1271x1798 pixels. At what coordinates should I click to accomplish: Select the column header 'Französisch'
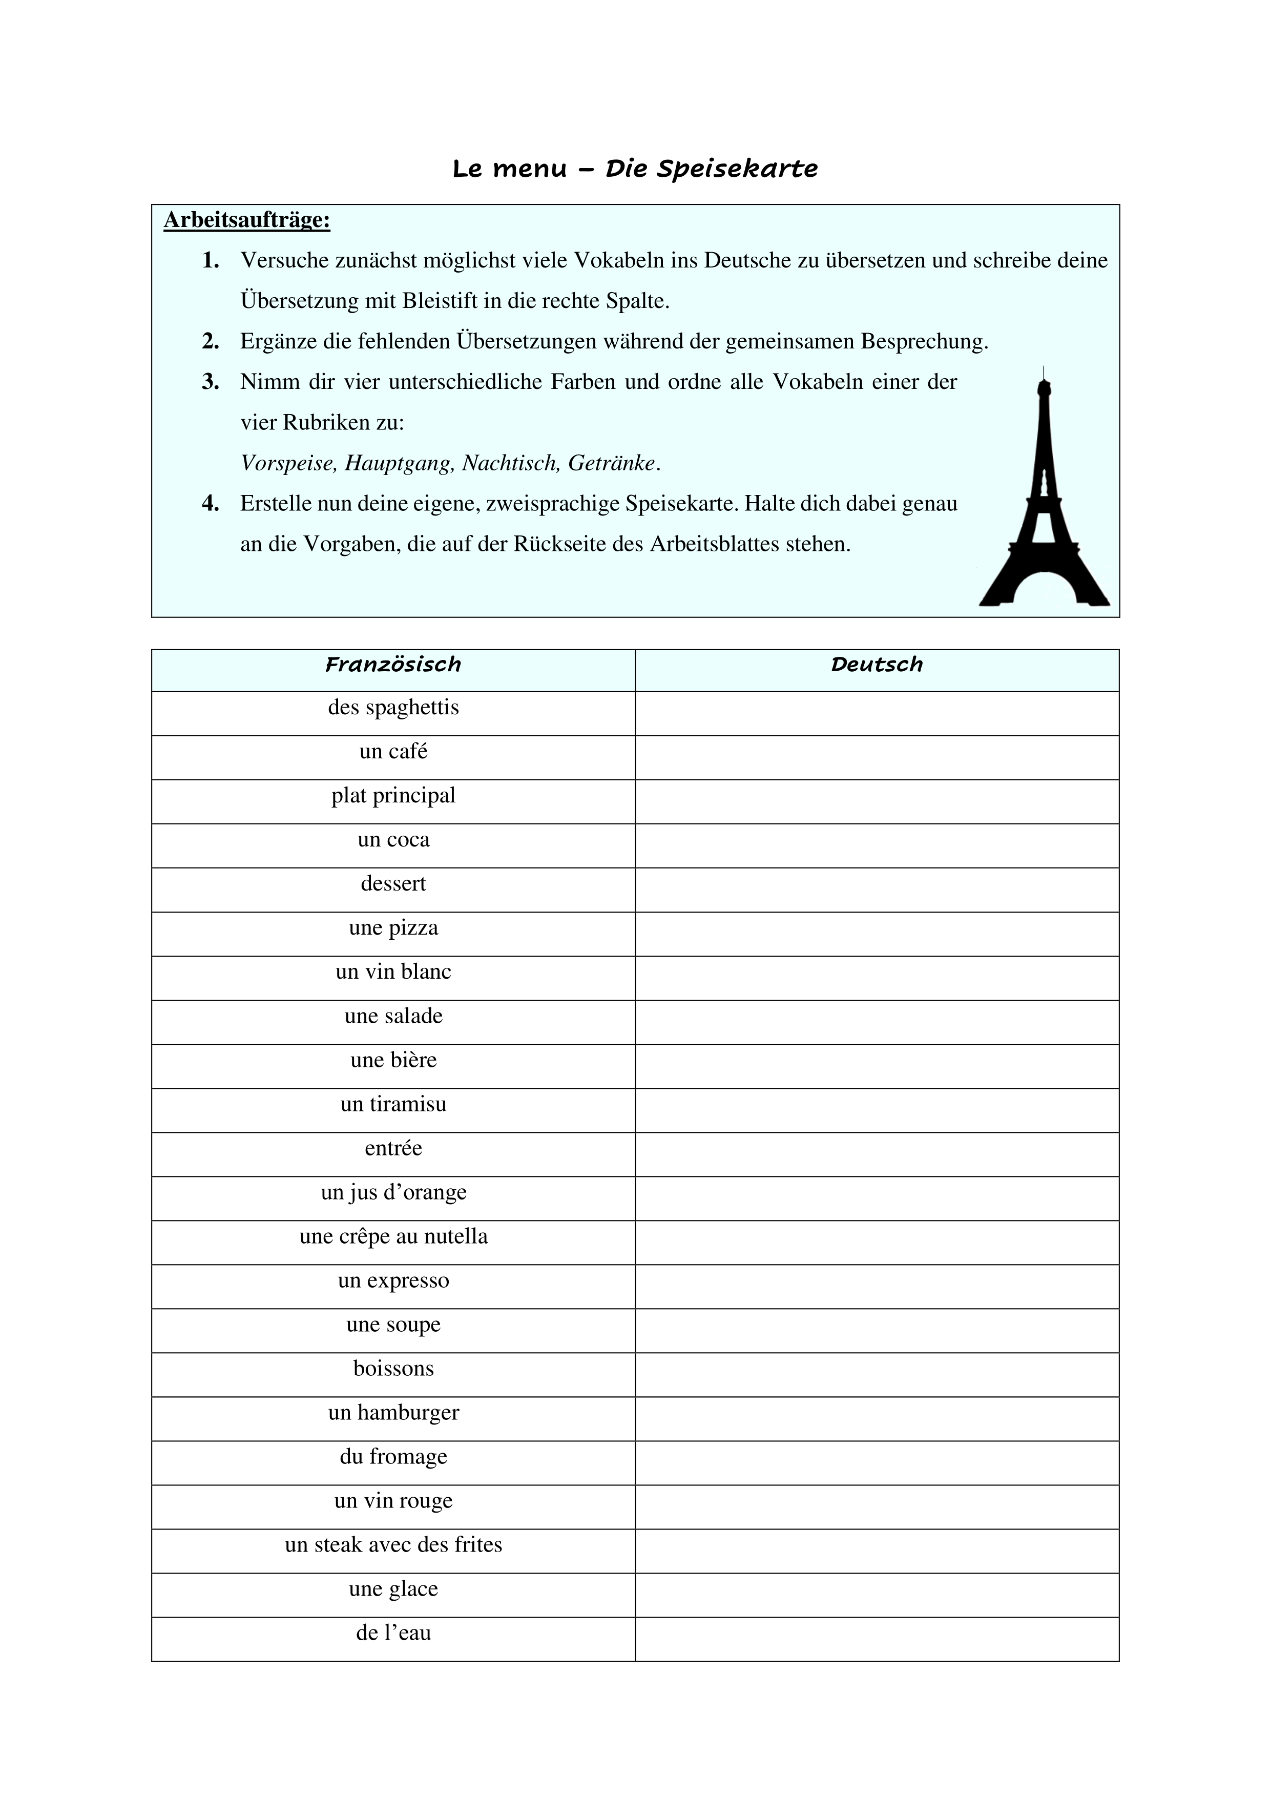tap(393, 665)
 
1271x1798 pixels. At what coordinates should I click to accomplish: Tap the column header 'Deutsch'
tap(877, 665)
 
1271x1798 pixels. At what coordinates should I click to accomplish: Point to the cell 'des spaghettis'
tap(393, 708)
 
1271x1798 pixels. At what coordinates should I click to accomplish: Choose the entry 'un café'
tap(393, 752)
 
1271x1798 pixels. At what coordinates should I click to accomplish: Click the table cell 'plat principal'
tap(393, 796)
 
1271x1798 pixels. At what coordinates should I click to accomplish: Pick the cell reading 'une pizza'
tap(393, 928)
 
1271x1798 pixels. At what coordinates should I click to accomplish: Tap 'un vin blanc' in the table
tap(393, 972)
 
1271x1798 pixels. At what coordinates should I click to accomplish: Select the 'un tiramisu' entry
tap(393, 1104)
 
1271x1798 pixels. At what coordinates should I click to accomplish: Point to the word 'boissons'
tap(393, 1369)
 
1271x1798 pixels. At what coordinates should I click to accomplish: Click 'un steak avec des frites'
tap(393, 1545)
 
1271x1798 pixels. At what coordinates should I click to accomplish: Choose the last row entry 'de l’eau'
tap(393, 1633)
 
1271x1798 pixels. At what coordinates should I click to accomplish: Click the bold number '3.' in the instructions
tap(210, 382)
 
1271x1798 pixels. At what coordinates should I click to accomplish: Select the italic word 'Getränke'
tap(611, 464)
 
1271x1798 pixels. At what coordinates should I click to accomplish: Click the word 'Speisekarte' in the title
tap(737, 169)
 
